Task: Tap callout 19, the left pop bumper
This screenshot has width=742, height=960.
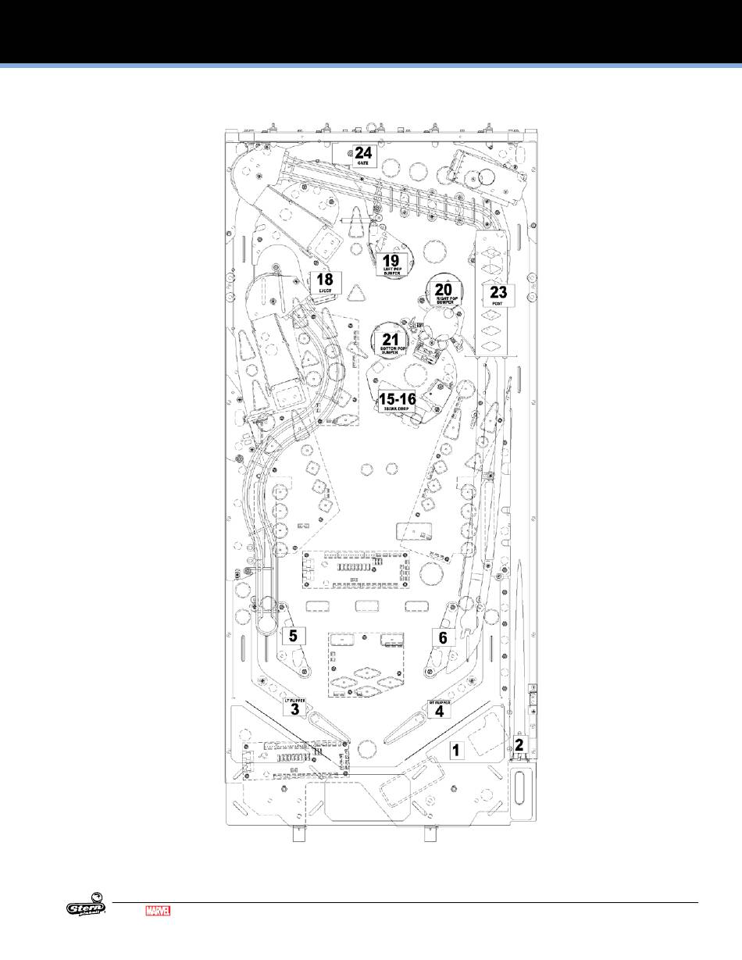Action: click(x=391, y=263)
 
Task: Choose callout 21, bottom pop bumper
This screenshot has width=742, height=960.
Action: click(x=390, y=342)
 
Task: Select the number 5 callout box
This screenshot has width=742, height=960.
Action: click(x=293, y=636)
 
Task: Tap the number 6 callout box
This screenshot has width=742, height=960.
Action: click(x=443, y=637)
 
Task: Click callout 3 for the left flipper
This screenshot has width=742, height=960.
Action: click(x=294, y=708)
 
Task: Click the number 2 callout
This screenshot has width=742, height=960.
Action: click(x=518, y=744)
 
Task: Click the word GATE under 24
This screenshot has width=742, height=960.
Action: click(x=363, y=162)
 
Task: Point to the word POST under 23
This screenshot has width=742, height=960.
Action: click(x=498, y=305)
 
